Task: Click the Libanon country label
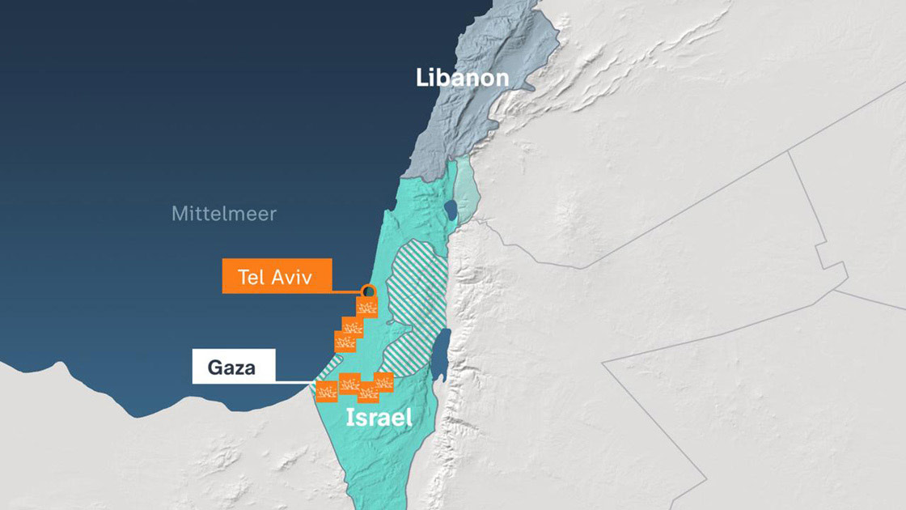(462, 78)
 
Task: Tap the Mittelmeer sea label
(223, 214)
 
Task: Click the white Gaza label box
(233, 367)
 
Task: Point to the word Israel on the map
(379, 419)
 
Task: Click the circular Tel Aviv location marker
(369, 291)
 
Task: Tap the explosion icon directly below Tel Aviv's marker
(368, 306)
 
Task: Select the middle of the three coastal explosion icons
(352, 325)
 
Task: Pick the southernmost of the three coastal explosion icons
(345, 341)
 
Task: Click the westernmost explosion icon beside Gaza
(327, 393)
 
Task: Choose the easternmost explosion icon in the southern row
(382, 381)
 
